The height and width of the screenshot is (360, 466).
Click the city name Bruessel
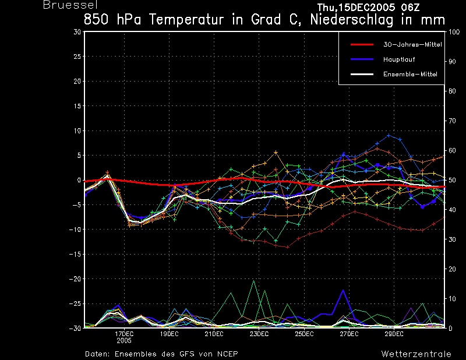click(70, 5)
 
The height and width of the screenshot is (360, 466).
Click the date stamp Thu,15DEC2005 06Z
click(369, 8)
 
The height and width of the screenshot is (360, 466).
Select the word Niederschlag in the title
click(352, 20)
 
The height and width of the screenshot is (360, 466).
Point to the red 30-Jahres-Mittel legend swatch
click(362, 45)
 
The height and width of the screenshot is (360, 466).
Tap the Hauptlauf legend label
click(399, 59)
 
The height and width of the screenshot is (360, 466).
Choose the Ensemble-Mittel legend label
click(410, 74)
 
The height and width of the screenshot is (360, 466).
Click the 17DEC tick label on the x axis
click(124, 334)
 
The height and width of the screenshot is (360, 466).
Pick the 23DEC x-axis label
click(259, 334)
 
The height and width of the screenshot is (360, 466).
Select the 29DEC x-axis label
click(394, 334)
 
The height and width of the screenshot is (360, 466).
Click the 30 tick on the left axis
click(77, 32)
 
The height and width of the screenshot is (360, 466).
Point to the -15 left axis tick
click(75, 254)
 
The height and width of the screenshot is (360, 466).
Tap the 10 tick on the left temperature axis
click(77, 130)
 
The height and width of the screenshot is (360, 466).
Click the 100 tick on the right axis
click(454, 32)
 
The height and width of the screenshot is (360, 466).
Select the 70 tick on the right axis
click(452, 121)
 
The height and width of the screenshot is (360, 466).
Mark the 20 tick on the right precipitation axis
click(452, 269)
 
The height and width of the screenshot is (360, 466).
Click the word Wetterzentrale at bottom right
click(416, 354)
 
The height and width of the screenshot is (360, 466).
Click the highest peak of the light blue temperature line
click(389, 136)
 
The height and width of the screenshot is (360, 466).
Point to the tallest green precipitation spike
click(253, 281)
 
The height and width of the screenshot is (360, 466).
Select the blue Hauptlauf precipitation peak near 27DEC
click(343, 291)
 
